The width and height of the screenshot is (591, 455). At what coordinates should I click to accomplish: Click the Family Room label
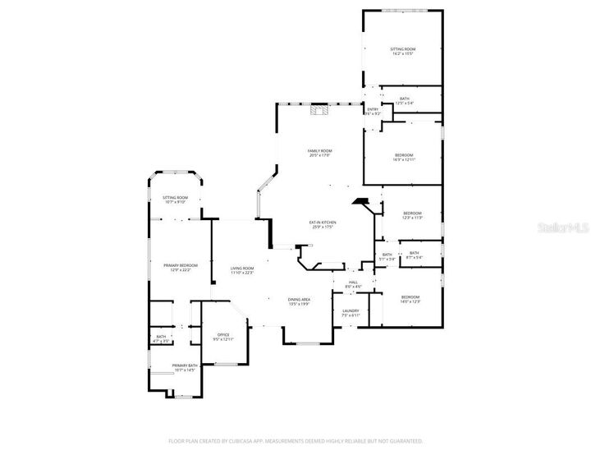click(319, 153)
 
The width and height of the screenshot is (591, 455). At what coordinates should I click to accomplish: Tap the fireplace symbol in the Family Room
click(320, 111)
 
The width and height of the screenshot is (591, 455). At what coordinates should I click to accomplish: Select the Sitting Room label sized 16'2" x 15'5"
click(402, 52)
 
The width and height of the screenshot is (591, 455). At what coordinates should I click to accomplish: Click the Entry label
click(373, 111)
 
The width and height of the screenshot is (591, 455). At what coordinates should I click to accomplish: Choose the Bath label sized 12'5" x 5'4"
click(404, 101)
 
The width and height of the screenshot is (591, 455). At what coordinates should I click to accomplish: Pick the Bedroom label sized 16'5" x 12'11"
click(404, 157)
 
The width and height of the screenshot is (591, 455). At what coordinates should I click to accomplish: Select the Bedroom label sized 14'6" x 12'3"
click(410, 299)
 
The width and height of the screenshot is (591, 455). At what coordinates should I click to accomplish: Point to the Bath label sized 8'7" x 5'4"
click(414, 255)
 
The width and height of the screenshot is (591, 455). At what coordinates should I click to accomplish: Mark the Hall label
click(353, 284)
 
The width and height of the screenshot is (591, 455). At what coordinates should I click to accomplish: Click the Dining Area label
click(298, 301)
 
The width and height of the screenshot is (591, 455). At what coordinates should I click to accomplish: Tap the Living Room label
click(241, 271)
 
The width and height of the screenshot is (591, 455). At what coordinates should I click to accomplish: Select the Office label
click(223, 337)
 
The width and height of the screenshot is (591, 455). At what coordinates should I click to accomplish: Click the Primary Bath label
click(185, 367)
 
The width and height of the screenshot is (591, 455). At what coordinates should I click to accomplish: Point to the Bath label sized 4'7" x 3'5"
click(161, 338)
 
